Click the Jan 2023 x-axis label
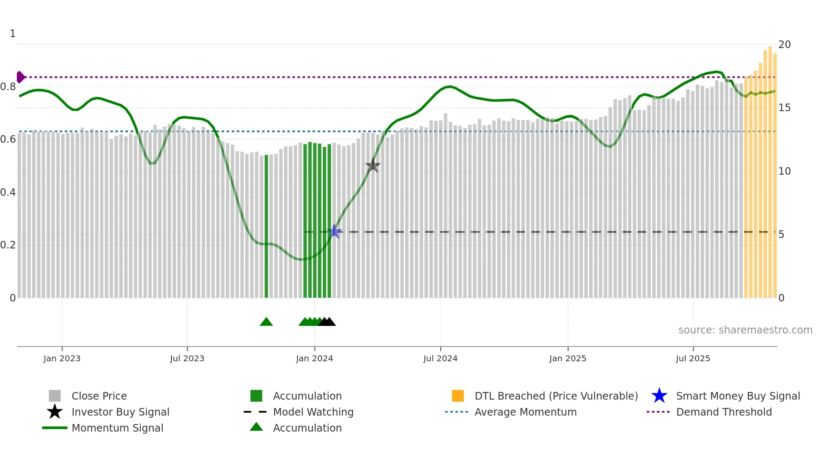click(62, 358)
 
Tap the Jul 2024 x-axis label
click(440, 358)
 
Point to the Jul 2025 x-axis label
click(693, 358)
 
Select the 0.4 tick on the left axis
click(8, 192)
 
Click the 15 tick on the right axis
click(784, 108)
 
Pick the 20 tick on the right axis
click(784, 45)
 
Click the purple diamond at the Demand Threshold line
click(20, 77)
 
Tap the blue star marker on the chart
click(334, 231)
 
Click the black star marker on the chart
click(373, 165)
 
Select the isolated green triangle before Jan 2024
click(266, 322)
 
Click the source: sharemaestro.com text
click(745, 330)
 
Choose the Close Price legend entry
click(99, 396)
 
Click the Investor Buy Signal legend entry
click(120, 412)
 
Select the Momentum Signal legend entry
click(117, 428)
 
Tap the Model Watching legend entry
click(313, 412)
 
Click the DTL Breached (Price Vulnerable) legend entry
click(556, 396)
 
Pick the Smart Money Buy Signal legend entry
click(737, 396)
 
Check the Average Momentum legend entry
click(526, 412)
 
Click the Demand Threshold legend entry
click(724, 412)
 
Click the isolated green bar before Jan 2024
click(266, 227)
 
